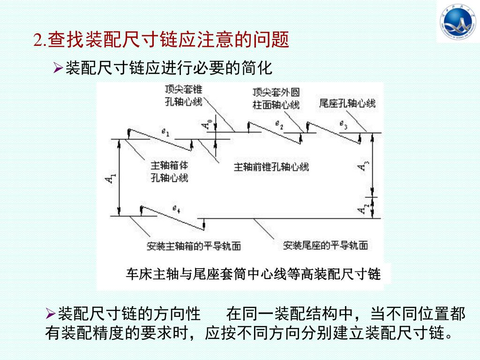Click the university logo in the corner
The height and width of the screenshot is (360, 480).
[457, 22]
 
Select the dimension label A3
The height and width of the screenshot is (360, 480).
[365, 165]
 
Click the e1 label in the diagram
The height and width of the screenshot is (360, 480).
[165, 133]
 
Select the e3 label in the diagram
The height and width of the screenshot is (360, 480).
[344, 125]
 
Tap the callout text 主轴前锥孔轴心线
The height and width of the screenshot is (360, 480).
[271, 167]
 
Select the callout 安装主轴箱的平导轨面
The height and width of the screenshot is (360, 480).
[194, 246]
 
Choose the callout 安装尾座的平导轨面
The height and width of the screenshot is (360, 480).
[325, 245]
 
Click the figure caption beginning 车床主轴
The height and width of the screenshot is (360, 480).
[253, 274]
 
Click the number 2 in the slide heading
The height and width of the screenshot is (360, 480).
[38, 40]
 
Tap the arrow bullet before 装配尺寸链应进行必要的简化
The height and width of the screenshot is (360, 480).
[58, 69]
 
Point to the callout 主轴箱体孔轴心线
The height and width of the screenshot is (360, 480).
[169, 172]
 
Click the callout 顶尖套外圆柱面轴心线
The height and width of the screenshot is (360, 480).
[276, 98]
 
